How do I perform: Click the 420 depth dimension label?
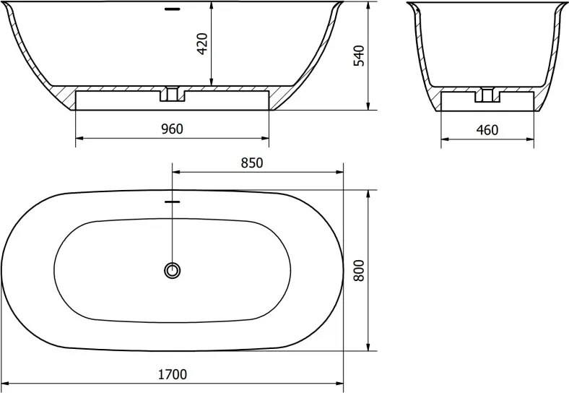click(202, 43)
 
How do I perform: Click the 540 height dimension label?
click(359, 56)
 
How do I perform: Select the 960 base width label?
click(173, 129)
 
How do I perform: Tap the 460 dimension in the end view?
click(487, 129)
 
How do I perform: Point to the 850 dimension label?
click(252, 163)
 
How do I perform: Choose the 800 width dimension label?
click(359, 270)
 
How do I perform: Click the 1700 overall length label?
click(173, 374)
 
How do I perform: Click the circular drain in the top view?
click(172, 270)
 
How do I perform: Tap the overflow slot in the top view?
click(173, 202)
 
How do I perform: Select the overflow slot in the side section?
click(173, 9)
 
